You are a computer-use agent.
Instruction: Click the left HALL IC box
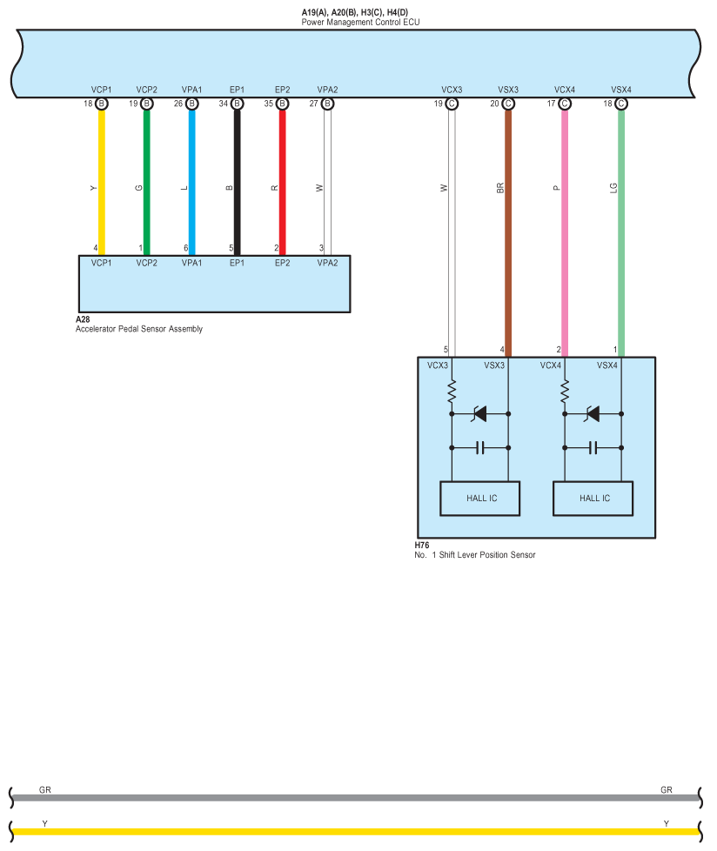480,499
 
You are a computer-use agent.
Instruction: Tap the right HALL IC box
593,499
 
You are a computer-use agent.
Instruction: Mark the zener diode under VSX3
479,414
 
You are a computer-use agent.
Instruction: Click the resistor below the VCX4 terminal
565,392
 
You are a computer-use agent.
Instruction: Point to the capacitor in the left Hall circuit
479,448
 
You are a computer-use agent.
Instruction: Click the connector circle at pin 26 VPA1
192,104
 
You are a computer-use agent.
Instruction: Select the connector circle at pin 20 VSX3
508,104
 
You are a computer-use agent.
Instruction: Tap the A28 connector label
83,319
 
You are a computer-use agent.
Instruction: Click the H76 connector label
422,546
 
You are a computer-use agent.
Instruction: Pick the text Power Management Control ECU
360,22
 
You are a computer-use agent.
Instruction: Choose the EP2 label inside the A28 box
282,263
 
